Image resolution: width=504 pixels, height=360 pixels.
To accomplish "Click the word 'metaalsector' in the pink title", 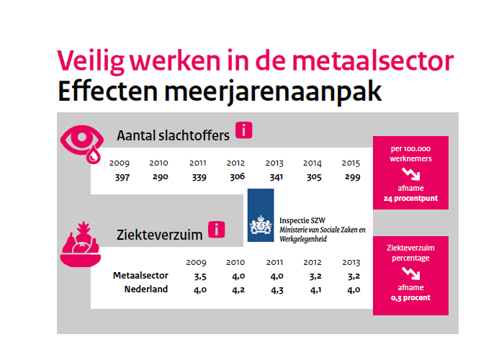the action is click(x=373, y=60).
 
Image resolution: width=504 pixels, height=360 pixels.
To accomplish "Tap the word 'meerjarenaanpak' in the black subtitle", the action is click(x=273, y=91).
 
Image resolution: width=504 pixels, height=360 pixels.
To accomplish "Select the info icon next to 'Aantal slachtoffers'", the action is click(x=244, y=130).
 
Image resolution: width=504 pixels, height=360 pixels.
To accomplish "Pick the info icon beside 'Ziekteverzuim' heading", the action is click(x=216, y=230).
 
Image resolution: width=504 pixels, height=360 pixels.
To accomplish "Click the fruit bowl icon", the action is click(x=81, y=244).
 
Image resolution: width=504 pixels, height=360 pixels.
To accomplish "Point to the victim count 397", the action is click(x=122, y=177).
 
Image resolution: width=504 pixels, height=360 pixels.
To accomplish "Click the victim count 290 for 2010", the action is click(x=161, y=177).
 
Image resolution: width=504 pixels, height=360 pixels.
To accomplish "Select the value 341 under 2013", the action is click(x=276, y=177).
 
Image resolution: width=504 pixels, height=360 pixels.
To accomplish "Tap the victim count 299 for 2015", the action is click(x=353, y=177).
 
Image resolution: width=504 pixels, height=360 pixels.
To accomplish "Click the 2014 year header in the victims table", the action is click(x=312, y=163).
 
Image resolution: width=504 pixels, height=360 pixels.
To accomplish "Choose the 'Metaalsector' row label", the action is click(x=140, y=276).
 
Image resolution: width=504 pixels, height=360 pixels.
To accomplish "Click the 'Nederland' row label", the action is click(x=146, y=289).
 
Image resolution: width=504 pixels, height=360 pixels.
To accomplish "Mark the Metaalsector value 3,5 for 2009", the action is click(x=200, y=276).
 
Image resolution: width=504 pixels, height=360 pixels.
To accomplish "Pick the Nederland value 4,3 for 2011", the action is click(x=277, y=290).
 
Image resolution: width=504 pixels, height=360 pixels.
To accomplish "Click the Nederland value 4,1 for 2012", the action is click(x=315, y=290).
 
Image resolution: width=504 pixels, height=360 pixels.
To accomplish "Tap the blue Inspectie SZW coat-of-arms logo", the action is click(x=261, y=215).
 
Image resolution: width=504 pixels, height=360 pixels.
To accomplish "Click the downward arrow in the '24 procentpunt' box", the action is click(x=411, y=174).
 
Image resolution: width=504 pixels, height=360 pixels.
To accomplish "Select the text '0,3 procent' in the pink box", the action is click(x=410, y=298).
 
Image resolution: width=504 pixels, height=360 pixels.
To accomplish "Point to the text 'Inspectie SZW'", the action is click(x=302, y=220).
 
